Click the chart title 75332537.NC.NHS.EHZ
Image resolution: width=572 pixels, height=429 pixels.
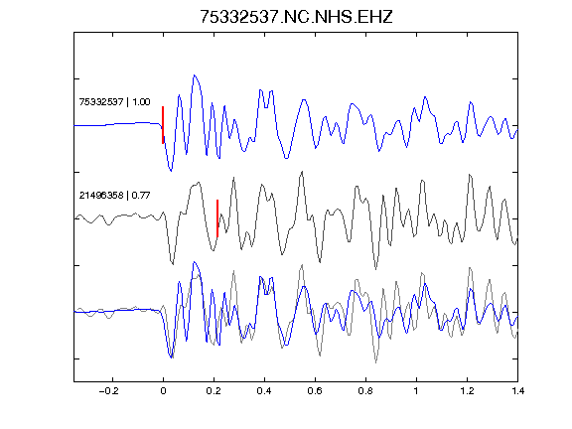click(296, 17)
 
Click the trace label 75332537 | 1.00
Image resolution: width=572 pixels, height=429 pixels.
click(114, 101)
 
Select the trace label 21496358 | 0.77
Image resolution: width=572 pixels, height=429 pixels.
click(114, 196)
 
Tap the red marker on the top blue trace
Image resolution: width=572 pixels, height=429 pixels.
click(163, 125)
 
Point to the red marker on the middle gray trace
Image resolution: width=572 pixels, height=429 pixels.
click(217, 218)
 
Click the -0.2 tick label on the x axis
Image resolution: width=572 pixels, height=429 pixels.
click(109, 391)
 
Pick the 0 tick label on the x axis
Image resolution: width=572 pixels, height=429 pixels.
click(163, 391)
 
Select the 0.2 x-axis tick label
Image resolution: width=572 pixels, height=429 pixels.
click(214, 391)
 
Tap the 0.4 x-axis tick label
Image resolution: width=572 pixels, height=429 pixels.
click(264, 391)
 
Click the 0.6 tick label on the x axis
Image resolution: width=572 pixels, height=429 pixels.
click(315, 391)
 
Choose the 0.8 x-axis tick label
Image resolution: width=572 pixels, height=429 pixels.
click(365, 391)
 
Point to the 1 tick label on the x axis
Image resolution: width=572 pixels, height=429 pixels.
click(416, 391)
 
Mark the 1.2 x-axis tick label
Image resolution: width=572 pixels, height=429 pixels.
click(467, 391)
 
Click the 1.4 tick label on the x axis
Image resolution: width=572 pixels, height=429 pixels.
click(517, 391)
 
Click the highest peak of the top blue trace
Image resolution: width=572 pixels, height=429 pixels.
click(195, 75)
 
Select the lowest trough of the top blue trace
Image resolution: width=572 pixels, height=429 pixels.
click(171, 171)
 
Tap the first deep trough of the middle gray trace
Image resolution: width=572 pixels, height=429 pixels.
click(173, 264)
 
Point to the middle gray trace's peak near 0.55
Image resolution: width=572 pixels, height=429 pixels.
click(302, 172)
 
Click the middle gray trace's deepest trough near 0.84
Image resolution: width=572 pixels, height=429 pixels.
click(375, 268)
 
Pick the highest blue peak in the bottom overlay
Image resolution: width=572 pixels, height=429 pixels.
click(195, 262)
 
